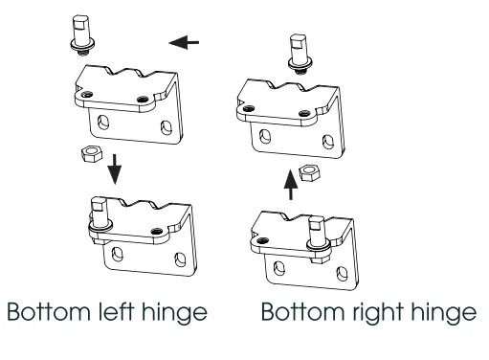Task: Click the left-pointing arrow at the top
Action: pyautogui.click(x=184, y=42)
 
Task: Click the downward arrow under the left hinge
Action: pyautogui.click(x=115, y=169)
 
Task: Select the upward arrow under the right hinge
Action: pyautogui.click(x=291, y=185)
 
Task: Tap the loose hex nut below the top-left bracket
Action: pyautogui.click(x=92, y=153)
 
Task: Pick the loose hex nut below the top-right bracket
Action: pyautogui.click(x=310, y=173)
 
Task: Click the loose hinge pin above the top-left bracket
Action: pyautogui.click(x=82, y=35)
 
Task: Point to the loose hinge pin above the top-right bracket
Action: pyautogui.click(x=300, y=55)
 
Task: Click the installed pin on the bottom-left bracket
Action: pyautogui.click(x=100, y=217)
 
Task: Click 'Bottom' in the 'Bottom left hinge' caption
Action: pyautogui.click(x=49, y=311)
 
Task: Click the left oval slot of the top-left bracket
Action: pyautogui.click(x=102, y=122)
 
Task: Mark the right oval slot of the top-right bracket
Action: pyautogui.click(x=328, y=142)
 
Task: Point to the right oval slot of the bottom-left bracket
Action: pyautogui.click(x=180, y=259)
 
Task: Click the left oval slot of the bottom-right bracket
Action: pyautogui.click(x=279, y=267)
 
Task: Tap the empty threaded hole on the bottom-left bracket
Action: pyautogui.click(x=157, y=231)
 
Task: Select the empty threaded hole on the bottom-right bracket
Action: pyautogui.click(x=261, y=239)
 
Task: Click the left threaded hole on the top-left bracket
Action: pyautogui.click(x=87, y=94)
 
